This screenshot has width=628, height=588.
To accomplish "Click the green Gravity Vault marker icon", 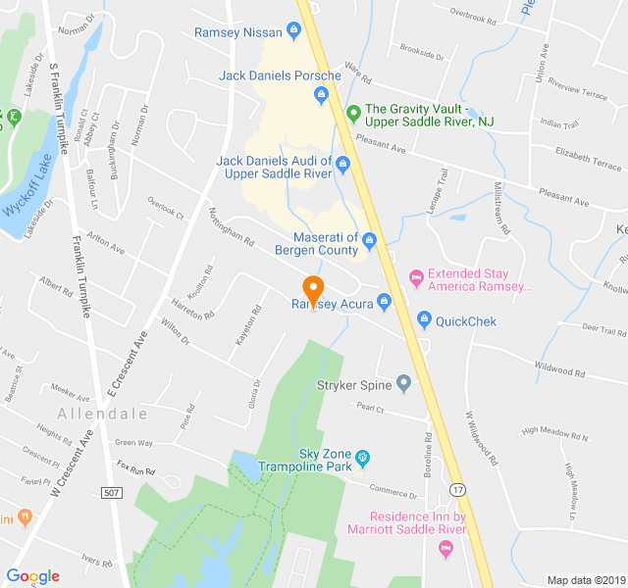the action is pos(353,113).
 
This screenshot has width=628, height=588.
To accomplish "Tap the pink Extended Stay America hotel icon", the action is pos(415,280).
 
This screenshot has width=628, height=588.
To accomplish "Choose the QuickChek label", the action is pos(466,320).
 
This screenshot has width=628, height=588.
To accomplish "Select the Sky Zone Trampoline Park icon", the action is pos(362,457).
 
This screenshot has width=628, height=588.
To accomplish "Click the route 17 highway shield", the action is pos(457,488).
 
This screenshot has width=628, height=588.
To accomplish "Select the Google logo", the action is pos(33,576).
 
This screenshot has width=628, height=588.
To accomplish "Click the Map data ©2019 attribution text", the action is pos(585,579).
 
